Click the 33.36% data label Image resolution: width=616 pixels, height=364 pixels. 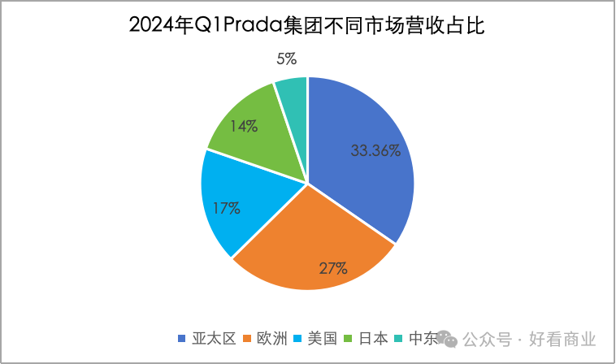375,150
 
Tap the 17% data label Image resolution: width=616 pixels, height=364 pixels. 226,208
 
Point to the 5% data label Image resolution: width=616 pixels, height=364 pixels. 286,58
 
